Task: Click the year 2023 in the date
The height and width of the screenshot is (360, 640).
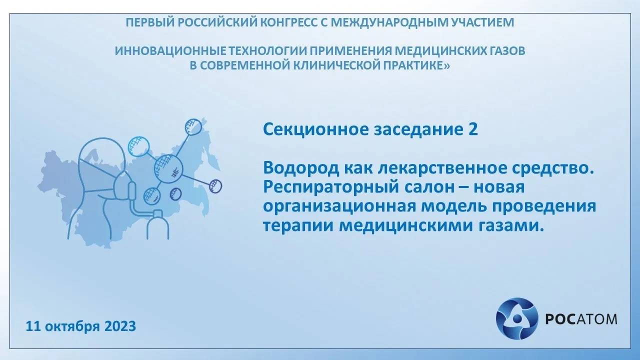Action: point(120,327)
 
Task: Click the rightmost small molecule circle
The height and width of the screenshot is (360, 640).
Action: point(215,186)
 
